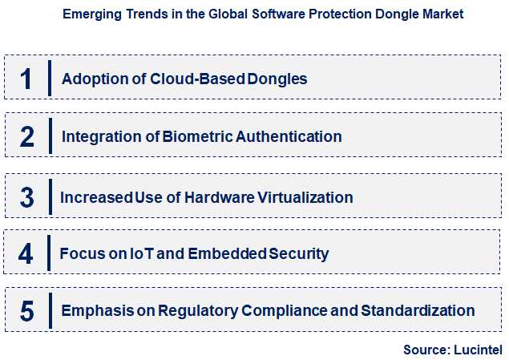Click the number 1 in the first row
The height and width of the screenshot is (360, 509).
pyautogui.click(x=26, y=78)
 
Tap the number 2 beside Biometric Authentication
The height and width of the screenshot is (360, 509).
pyautogui.click(x=26, y=136)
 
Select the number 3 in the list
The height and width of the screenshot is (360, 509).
pyautogui.click(x=26, y=196)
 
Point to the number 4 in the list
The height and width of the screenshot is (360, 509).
pyautogui.click(x=26, y=254)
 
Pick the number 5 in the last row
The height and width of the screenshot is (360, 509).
pyautogui.click(x=26, y=311)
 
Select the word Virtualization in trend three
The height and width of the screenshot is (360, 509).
pyautogui.click(x=303, y=196)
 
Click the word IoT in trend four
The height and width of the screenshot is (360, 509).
pyautogui.click(x=140, y=254)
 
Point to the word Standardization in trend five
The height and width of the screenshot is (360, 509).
pyautogui.click(x=418, y=310)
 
